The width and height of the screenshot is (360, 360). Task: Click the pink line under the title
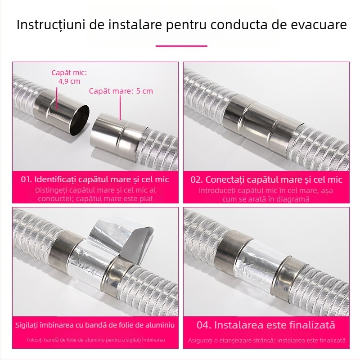(x=181, y=45)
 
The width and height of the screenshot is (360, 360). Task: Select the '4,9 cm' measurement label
(x=69, y=81)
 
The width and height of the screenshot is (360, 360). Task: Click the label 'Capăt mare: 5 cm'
(x=121, y=91)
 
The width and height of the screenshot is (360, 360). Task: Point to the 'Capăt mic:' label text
(x=69, y=72)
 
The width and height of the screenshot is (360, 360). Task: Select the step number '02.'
(x=197, y=179)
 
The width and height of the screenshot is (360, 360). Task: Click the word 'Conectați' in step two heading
(x=226, y=179)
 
